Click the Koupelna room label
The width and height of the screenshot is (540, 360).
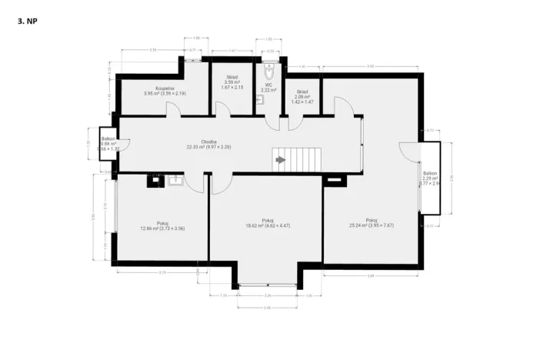(x=165, y=91)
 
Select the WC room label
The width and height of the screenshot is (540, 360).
(x=268, y=88)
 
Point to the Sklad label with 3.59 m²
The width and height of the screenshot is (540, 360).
(x=232, y=82)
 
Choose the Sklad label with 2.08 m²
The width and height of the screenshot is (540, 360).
(x=302, y=96)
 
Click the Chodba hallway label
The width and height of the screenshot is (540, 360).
(x=208, y=144)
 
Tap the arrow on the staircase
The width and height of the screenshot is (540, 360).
(x=280, y=160)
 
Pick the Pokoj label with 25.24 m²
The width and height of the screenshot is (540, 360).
(x=372, y=223)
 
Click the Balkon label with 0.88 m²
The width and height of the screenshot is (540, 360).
(x=108, y=143)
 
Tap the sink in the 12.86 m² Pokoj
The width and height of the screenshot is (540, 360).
(x=175, y=181)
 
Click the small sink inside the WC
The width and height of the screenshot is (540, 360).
(x=261, y=99)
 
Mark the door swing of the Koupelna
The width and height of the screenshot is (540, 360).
(x=176, y=109)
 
